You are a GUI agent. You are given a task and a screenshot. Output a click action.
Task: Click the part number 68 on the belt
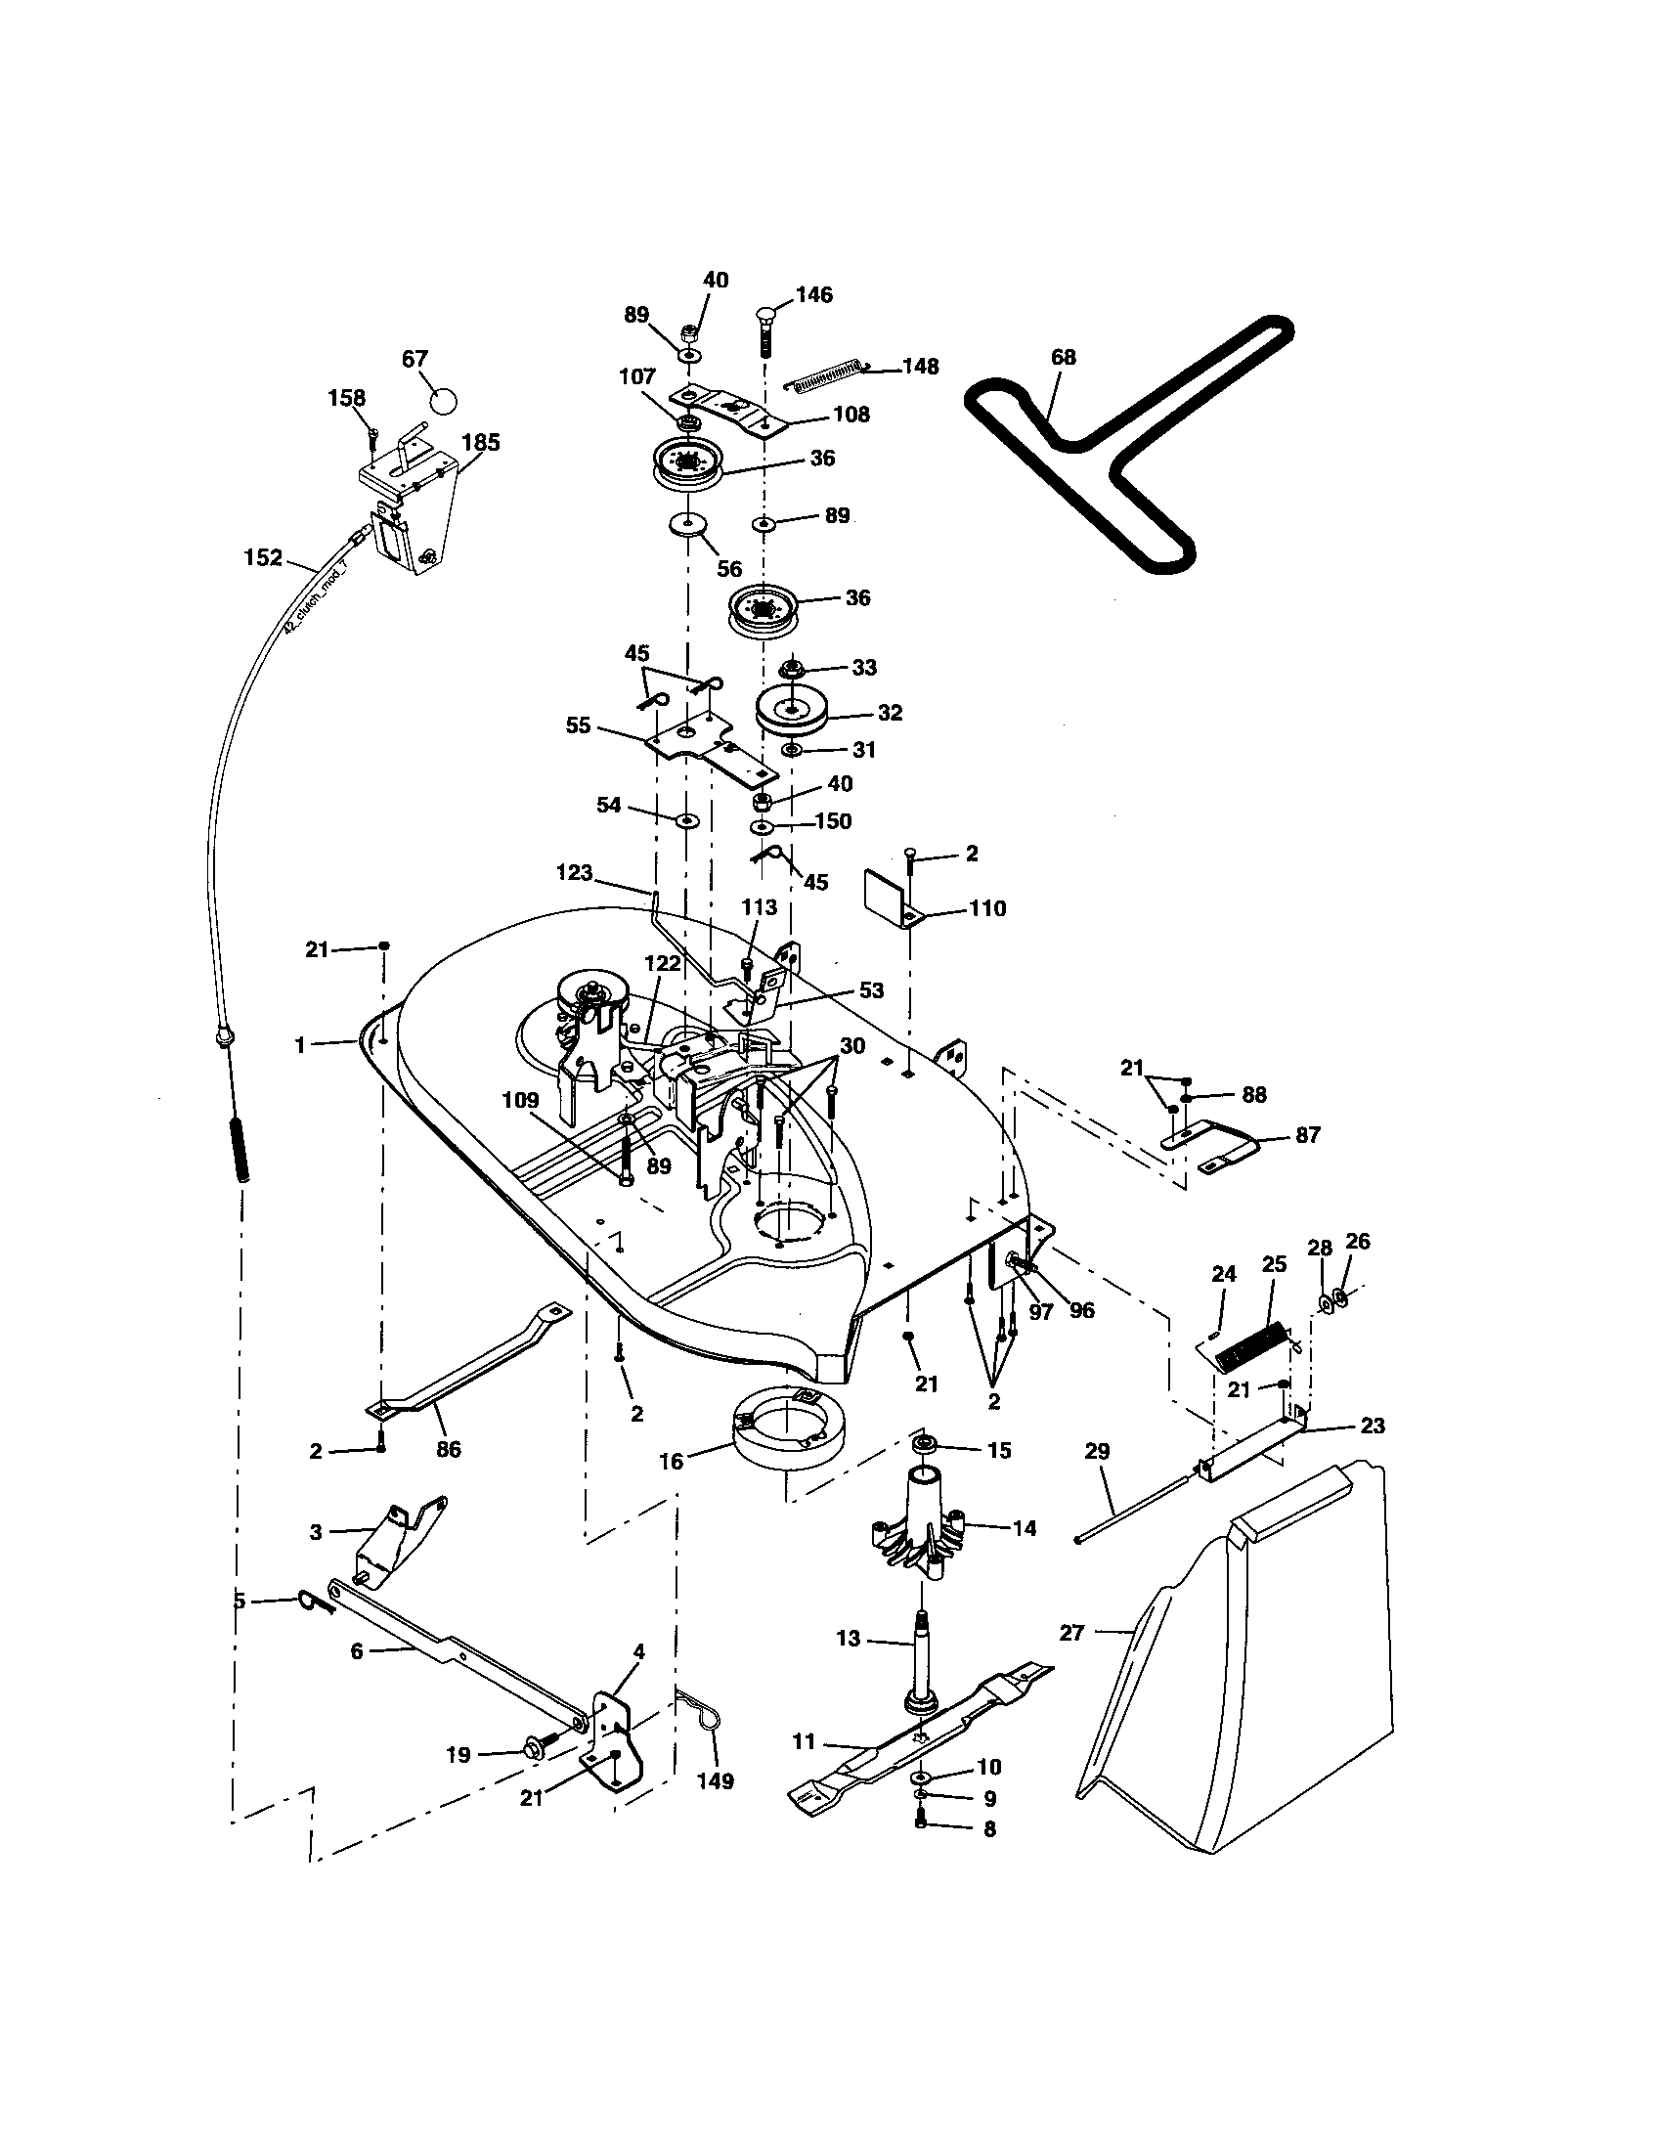pos(1064,357)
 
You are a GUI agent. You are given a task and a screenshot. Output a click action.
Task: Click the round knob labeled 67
pos(445,401)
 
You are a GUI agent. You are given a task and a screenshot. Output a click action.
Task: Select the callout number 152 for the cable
pos(263,558)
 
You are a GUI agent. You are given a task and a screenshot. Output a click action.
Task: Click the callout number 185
pos(480,442)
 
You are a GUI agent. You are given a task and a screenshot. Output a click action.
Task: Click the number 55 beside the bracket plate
pos(578,724)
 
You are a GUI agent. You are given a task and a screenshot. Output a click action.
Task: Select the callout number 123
pos(574,871)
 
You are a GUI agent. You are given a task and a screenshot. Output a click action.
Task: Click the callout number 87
pos(1307,1134)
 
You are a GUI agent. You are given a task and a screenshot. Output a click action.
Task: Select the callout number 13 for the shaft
pos(848,1638)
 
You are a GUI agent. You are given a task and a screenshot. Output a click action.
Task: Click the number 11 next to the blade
pos(805,1741)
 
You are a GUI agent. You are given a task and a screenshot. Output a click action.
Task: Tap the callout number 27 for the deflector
pos(1071,1633)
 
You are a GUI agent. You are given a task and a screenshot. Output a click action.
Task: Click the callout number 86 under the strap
pos(448,1449)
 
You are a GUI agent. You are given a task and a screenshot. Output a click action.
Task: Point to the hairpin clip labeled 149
pos(704,1723)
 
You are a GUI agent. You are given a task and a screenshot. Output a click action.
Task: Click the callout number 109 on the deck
pos(521,1100)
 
